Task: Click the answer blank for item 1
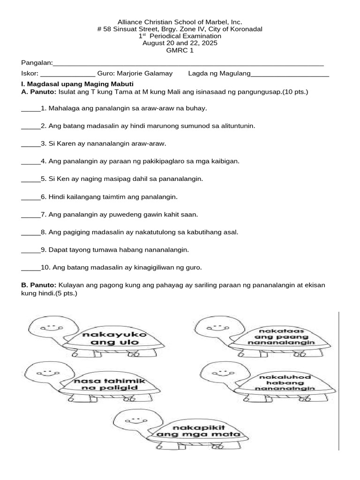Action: click(x=31, y=109)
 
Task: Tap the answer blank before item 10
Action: click(x=31, y=268)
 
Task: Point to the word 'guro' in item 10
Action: click(x=194, y=268)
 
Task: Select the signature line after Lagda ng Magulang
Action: click(x=290, y=74)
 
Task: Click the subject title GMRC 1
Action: click(x=180, y=51)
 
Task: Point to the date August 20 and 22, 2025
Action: click(x=180, y=43)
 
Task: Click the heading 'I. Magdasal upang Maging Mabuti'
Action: click(x=81, y=83)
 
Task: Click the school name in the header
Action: click(x=180, y=22)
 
